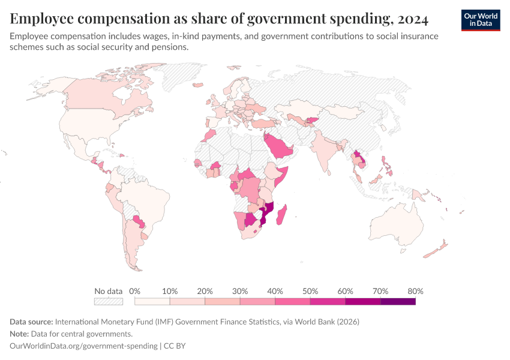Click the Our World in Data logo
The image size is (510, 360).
(481, 20)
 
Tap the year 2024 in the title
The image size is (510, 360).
(413, 19)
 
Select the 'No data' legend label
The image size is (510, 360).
(109, 291)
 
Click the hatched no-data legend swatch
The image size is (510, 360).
(109, 301)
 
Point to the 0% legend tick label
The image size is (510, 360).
(134, 291)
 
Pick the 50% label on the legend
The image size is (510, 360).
(310, 291)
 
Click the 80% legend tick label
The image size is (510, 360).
(415, 291)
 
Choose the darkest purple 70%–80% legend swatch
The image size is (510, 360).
(398, 301)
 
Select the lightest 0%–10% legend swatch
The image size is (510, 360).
(152, 301)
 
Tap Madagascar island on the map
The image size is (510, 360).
(281, 215)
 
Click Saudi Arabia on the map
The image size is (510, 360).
(278, 146)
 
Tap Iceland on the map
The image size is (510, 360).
(198, 85)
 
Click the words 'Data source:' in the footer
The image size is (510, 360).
(31, 322)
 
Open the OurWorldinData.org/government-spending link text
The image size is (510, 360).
(83, 346)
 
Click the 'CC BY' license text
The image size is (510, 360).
(175, 346)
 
